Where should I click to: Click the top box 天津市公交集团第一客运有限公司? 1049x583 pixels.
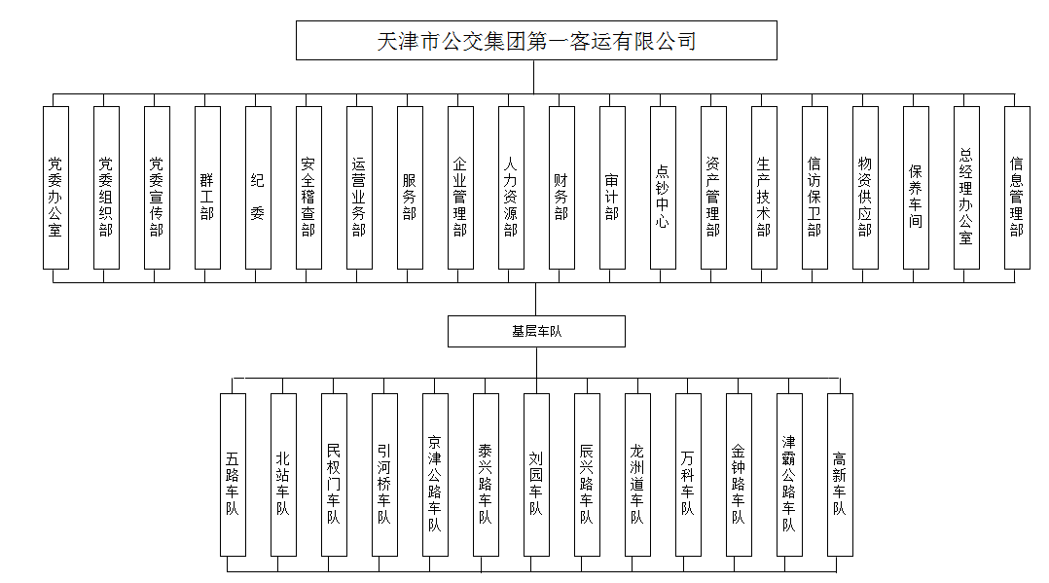pos(536,40)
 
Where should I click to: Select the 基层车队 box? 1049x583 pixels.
pos(536,331)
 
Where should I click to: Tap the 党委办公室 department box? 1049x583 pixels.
pos(56,188)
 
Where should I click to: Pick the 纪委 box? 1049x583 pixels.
pos(258,188)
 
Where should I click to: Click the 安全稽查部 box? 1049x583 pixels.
pos(309,188)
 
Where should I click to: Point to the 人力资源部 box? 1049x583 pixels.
pos(511,188)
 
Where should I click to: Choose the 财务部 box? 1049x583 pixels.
pos(562,188)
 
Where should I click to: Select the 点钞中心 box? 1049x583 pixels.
pos(663,188)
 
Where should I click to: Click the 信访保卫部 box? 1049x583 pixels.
pos(814,188)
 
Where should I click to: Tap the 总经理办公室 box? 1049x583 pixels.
pos(966,188)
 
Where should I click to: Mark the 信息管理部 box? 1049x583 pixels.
pos(1017,188)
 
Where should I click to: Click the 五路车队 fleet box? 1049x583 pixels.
pos(233,475)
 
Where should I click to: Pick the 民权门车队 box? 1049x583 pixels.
pos(334,475)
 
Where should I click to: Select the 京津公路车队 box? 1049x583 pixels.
pos(436,475)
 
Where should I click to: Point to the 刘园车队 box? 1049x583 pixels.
pos(536,475)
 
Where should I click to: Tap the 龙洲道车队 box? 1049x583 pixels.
pos(637,475)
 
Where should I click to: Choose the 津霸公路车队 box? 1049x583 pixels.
pos(789,475)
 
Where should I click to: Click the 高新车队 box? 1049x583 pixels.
pos(841,475)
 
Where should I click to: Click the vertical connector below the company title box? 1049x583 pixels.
pos(534,77)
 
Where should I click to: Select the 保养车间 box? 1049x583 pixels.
pos(916,188)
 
